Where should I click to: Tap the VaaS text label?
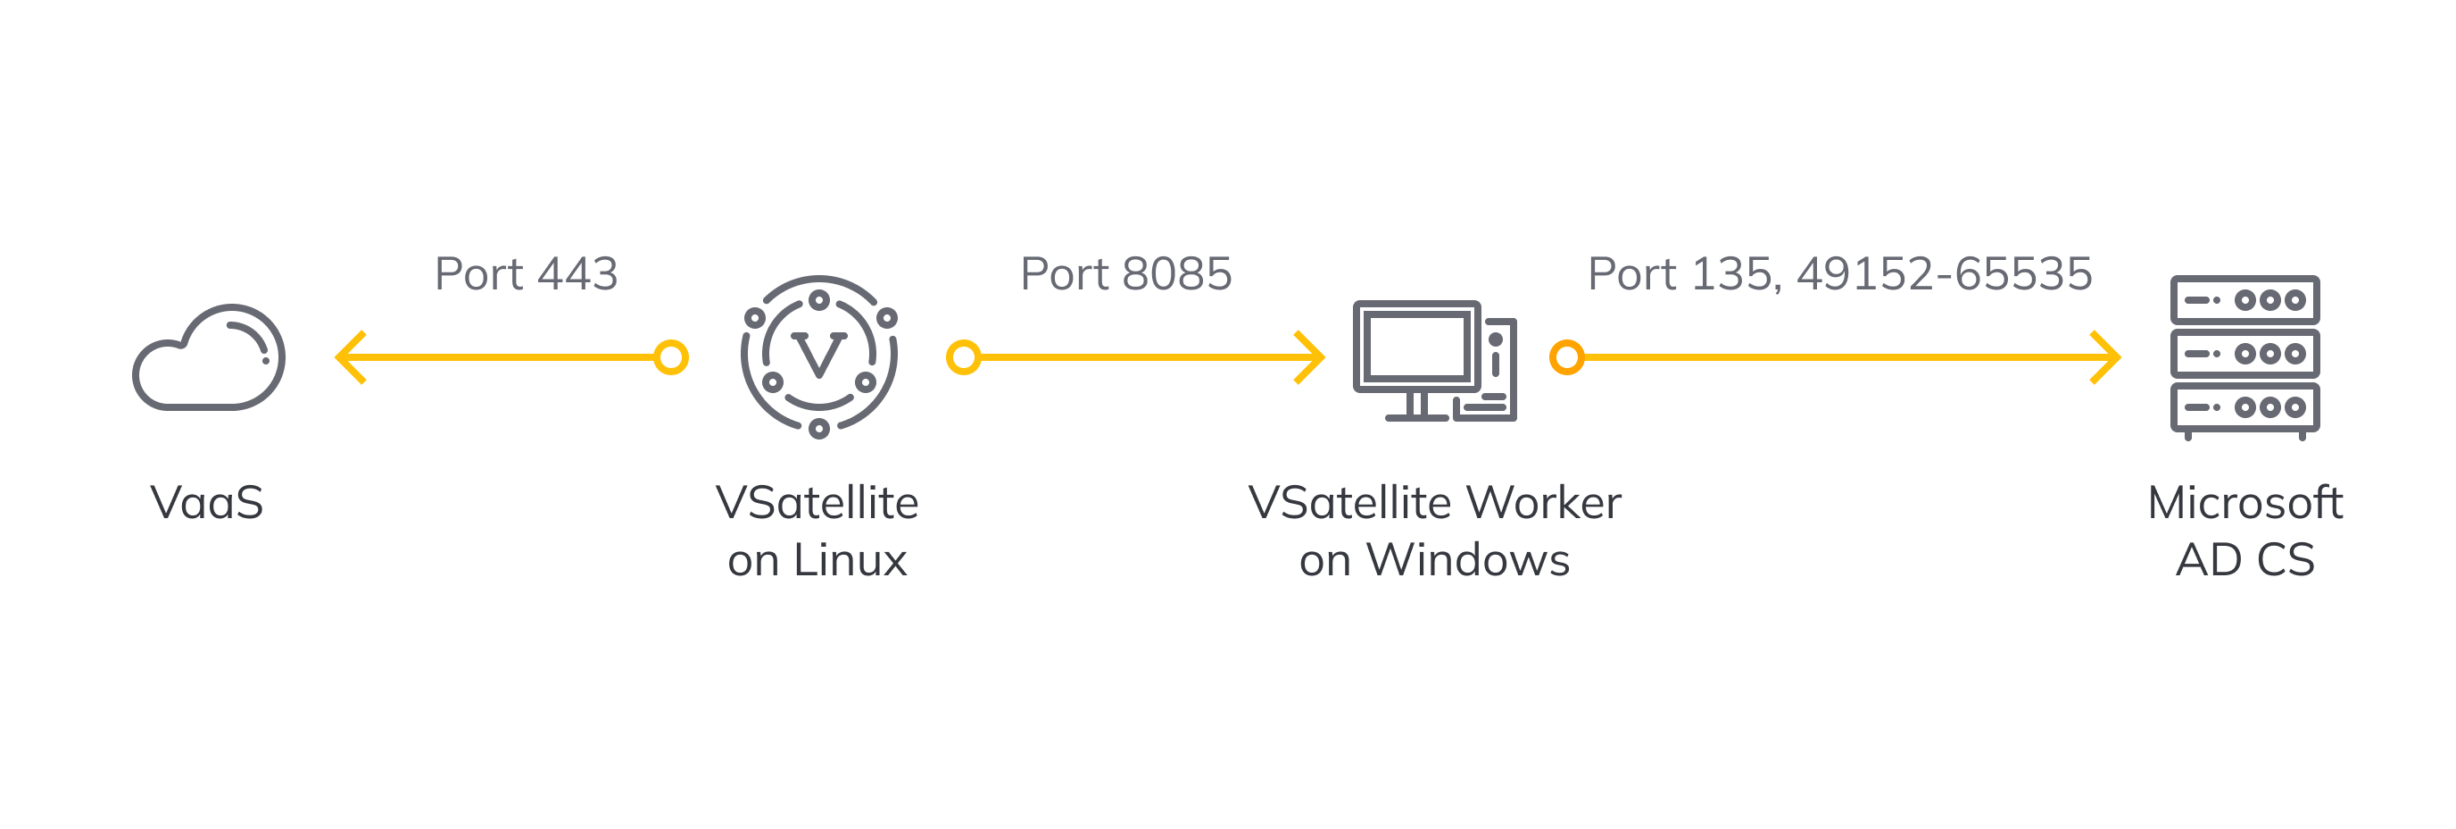click(207, 503)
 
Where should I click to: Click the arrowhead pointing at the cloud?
click(349, 357)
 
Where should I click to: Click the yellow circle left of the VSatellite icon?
click(671, 357)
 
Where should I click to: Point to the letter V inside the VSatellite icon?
click(818, 356)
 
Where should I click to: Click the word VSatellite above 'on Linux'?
click(817, 503)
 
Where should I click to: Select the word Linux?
click(850, 560)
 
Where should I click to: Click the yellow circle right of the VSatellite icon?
click(964, 357)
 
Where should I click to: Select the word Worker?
click(1544, 503)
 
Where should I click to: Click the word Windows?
click(1468, 560)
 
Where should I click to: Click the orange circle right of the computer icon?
click(1566, 357)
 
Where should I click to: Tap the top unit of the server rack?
click(2244, 300)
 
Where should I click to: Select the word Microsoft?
click(2244, 503)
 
